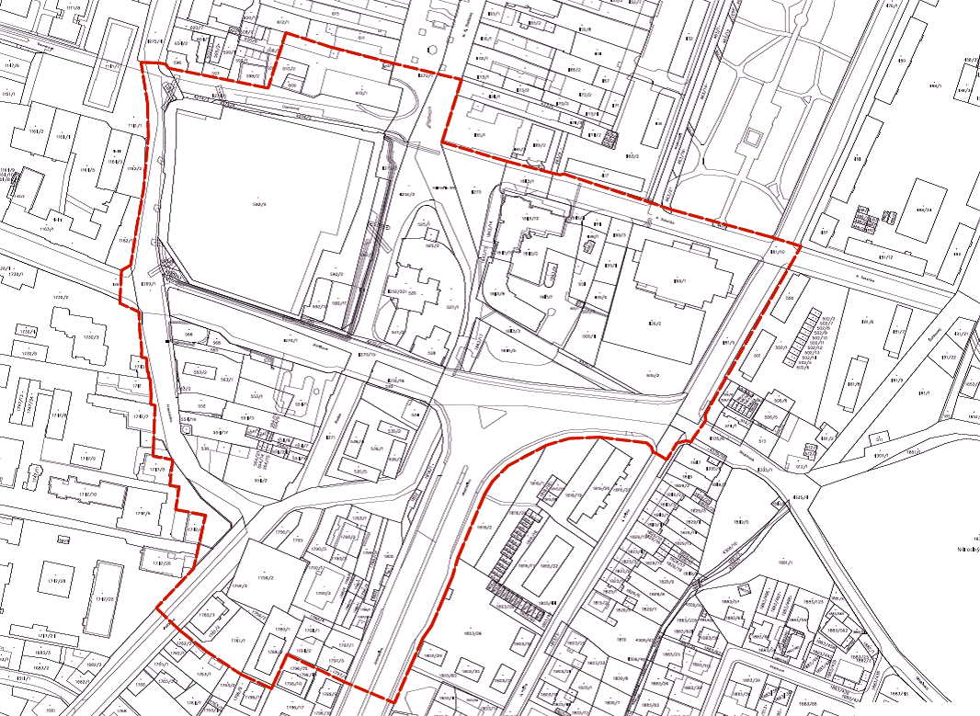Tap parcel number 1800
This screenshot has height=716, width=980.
389,557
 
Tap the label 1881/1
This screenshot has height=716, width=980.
784,563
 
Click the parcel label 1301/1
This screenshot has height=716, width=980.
880,455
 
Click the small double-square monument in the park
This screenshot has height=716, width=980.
751,139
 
